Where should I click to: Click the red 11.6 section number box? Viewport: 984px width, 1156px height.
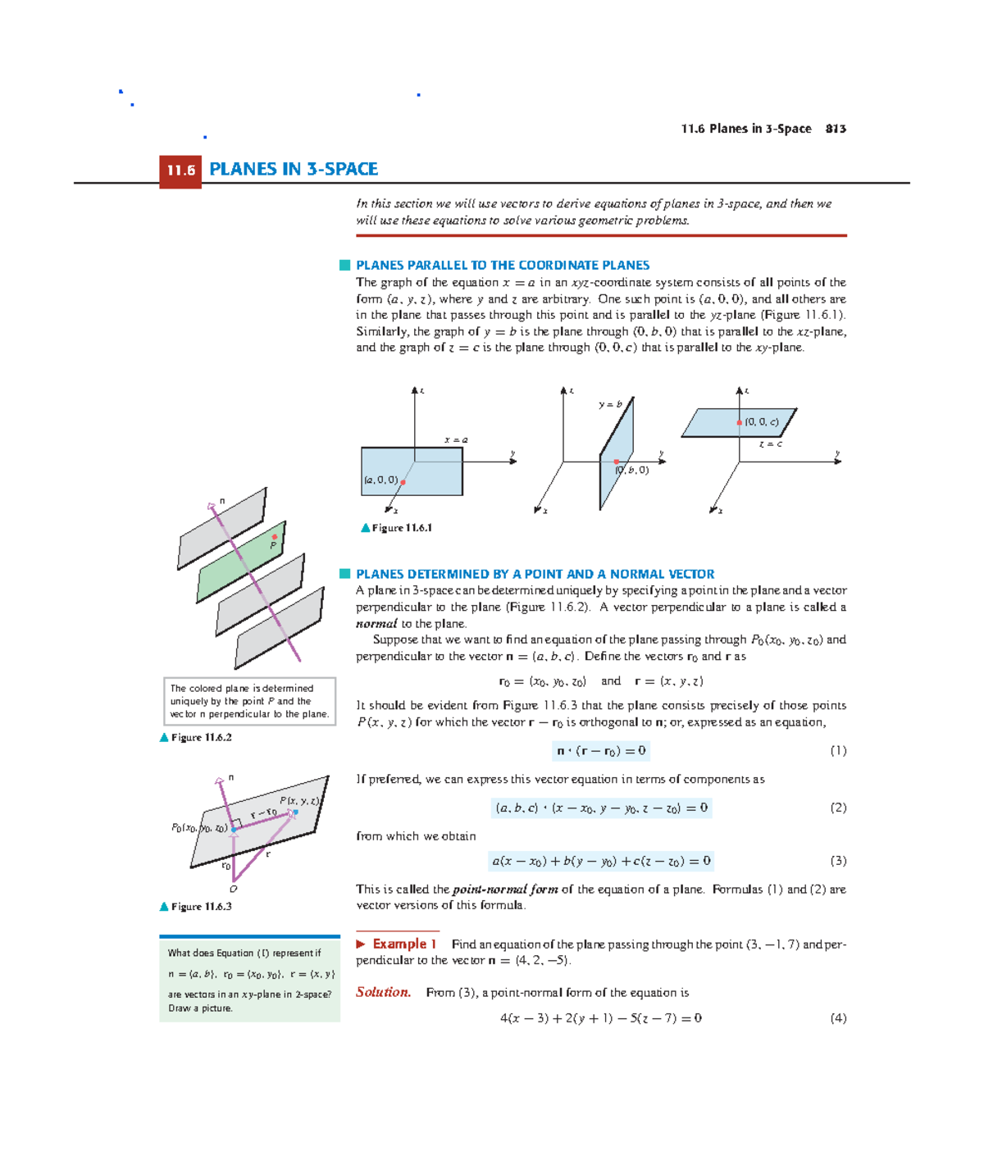[x=180, y=171]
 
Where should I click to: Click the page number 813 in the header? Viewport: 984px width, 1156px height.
[x=836, y=129]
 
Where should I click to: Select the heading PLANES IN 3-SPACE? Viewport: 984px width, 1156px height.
[x=293, y=169]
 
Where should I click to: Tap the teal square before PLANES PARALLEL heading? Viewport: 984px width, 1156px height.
[x=344, y=265]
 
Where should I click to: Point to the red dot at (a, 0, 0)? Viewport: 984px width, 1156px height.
[x=403, y=482]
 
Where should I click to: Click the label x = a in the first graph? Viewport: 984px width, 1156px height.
[x=456, y=440]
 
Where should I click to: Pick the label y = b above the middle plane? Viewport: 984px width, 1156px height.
[x=610, y=404]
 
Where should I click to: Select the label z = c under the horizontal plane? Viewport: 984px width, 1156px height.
[x=770, y=444]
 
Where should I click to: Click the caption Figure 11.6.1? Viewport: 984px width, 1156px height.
[x=401, y=528]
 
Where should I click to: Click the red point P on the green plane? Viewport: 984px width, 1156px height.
[x=275, y=537]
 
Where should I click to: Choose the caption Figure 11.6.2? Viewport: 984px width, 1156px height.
[x=201, y=738]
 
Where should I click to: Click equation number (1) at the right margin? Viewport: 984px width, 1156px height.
[x=838, y=751]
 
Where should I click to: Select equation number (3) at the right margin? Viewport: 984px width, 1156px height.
[x=838, y=861]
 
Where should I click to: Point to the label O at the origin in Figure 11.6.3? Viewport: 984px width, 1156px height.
[x=234, y=889]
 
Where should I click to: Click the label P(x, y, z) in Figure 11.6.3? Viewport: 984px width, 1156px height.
[x=299, y=801]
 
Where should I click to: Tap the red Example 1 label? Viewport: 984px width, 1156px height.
[x=404, y=944]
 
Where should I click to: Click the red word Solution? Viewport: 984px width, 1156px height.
[x=383, y=992]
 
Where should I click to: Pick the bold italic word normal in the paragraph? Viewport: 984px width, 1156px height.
[x=376, y=624]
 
